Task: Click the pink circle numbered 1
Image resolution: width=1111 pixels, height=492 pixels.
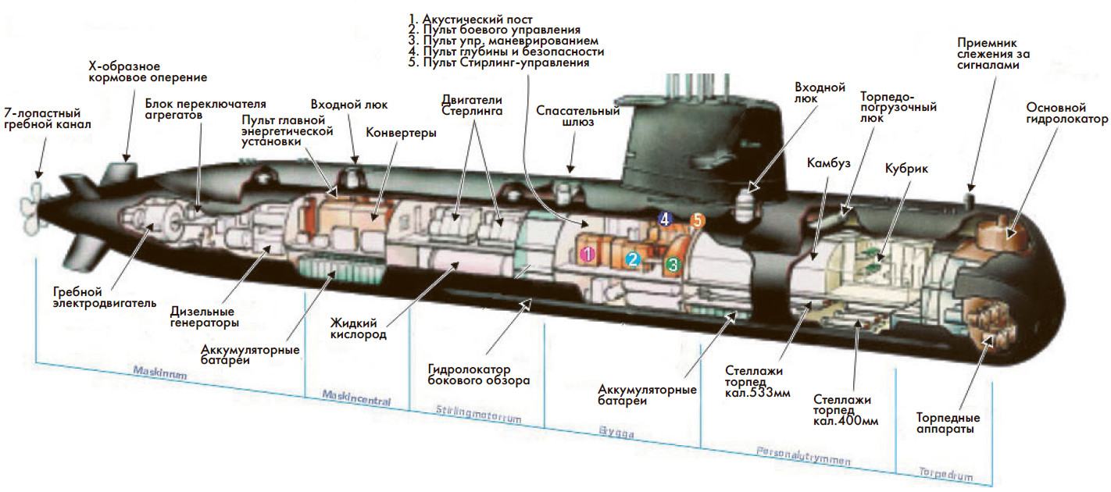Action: coord(588,252)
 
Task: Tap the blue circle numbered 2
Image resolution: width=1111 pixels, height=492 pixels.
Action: coord(634,259)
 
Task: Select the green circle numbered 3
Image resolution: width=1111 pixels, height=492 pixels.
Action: coord(672,265)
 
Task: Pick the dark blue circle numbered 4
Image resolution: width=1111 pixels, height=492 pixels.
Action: coord(665,219)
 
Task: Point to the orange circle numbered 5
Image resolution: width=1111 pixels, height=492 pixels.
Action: coord(697,221)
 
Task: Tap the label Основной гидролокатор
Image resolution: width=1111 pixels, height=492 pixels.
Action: coord(1066,113)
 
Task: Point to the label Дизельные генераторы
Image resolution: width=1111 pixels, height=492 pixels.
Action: coord(205,316)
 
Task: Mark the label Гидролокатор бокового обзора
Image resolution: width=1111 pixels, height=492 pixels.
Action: coord(479,374)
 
